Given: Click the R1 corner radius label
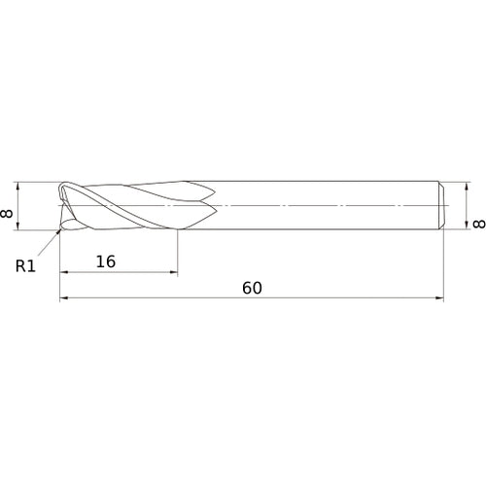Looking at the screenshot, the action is pyautogui.click(x=25, y=266).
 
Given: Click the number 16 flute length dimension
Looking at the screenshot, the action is pyautogui.click(x=106, y=261).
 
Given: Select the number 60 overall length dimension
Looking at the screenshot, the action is pyautogui.click(x=252, y=288).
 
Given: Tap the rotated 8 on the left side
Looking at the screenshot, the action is pyautogui.click(x=7, y=214).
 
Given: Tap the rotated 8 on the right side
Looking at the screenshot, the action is pyautogui.click(x=479, y=224).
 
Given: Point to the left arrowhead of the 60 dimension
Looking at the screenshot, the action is pyautogui.click(x=63, y=297).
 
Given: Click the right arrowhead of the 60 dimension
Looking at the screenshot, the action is pyautogui.click(x=439, y=297).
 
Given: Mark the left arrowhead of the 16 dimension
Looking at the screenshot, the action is pyautogui.click(x=63, y=272).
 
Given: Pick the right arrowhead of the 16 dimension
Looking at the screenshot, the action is pyautogui.click(x=174, y=272).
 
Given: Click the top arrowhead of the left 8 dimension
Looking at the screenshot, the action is pyautogui.click(x=18, y=186).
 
